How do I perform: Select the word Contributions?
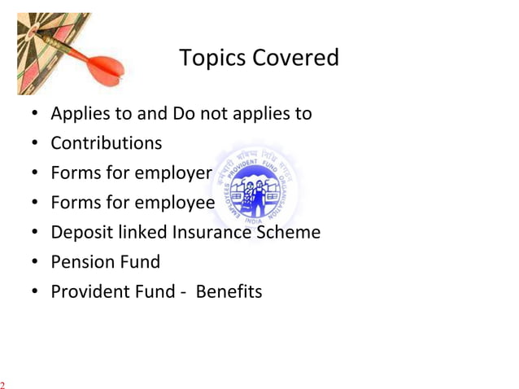(x=106, y=143)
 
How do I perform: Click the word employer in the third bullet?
(x=173, y=173)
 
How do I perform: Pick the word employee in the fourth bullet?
(x=174, y=203)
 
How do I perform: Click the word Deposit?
(x=81, y=232)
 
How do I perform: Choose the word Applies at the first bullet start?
(x=78, y=114)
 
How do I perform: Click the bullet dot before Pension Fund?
(x=37, y=263)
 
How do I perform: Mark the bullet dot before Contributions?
(x=37, y=144)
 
